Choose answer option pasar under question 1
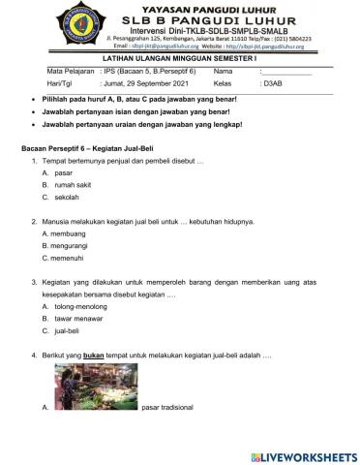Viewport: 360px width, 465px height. point(64,171)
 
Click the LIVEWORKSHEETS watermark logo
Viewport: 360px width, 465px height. point(302,454)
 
